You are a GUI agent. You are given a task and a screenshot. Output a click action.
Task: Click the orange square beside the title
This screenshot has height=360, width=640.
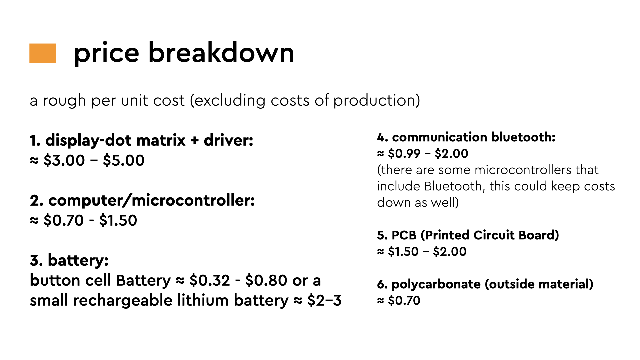tap(42, 53)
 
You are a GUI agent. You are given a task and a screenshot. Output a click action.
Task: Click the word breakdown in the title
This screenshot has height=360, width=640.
tap(221, 52)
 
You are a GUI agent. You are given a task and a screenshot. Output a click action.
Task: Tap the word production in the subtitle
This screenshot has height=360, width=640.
tap(374, 101)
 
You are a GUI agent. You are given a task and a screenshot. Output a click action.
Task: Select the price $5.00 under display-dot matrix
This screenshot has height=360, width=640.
tap(124, 160)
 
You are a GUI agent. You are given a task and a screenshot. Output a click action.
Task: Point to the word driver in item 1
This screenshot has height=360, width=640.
tap(228, 140)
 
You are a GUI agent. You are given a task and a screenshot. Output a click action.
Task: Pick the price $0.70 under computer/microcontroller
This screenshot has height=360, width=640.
tap(63, 220)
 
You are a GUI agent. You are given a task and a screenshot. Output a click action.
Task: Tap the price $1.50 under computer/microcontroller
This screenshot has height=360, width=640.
tap(118, 220)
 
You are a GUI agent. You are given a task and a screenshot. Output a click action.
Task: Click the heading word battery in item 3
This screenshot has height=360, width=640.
tap(78, 260)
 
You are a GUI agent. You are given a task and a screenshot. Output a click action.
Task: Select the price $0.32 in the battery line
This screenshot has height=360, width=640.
tap(210, 280)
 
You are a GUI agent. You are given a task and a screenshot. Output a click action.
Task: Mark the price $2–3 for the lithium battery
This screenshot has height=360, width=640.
tap(324, 300)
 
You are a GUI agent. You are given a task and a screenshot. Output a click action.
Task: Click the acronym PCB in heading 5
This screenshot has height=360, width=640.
tap(404, 235)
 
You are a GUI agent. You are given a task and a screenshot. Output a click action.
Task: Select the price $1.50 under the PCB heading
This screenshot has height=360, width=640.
tap(403, 252)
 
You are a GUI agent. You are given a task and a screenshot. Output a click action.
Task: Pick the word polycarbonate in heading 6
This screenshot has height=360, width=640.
tap(436, 284)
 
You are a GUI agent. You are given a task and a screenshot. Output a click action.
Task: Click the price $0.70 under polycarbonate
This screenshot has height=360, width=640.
tap(404, 301)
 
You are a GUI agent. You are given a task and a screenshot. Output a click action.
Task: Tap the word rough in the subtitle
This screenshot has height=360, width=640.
tap(64, 101)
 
